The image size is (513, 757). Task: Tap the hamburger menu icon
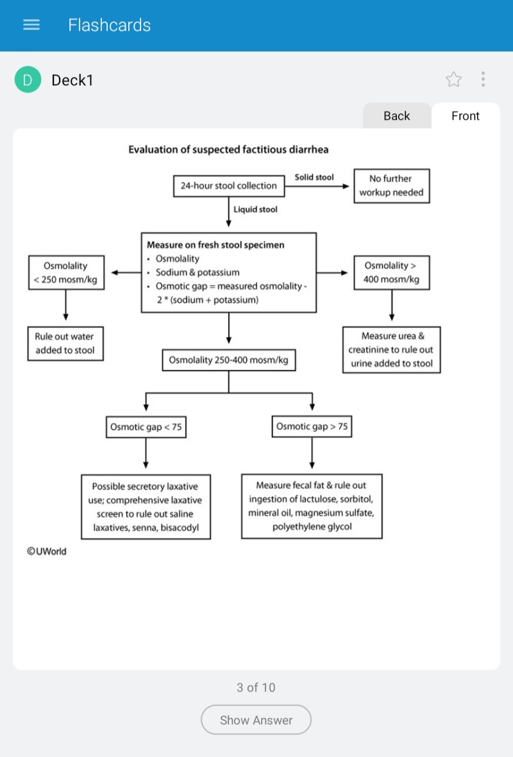[x=31, y=24]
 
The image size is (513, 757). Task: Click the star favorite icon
[x=453, y=79]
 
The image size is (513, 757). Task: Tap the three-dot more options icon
[x=483, y=79]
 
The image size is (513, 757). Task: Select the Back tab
[x=396, y=116]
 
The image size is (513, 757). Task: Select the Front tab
[x=465, y=116]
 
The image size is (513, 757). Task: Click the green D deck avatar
[x=28, y=79]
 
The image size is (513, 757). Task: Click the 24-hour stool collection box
[x=229, y=186]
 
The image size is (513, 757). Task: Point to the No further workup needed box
[x=392, y=186]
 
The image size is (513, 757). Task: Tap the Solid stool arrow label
[x=314, y=177]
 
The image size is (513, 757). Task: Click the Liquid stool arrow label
[x=255, y=210]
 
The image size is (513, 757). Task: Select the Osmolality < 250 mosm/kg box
[x=66, y=273]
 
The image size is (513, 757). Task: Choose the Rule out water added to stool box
[x=65, y=344]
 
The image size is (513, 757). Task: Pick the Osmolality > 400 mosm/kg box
[x=392, y=273]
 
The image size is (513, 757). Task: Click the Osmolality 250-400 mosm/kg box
[x=229, y=360]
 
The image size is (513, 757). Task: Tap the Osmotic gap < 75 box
[x=146, y=428]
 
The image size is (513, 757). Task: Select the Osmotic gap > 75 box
[x=312, y=427]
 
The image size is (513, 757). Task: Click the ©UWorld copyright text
[x=47, y=551]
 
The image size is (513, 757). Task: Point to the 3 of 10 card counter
[x=256, y=688]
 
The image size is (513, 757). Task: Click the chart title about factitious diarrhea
[x=228, y=149]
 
